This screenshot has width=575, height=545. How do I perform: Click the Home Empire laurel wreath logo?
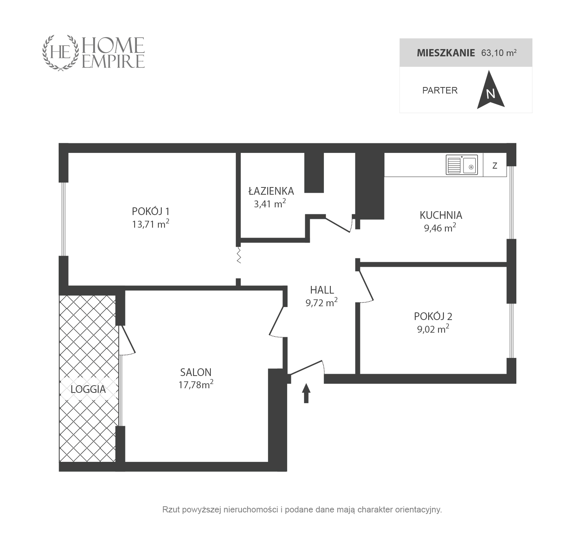click(61, 53)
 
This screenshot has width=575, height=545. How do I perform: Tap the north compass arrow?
click(491, 90)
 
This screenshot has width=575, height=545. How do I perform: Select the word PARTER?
click(440, 90)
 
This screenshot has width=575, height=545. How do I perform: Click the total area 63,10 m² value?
click(499, 53)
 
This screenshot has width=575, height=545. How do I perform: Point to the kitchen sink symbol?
click(462, 165)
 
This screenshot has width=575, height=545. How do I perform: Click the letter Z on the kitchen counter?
click(495, 166)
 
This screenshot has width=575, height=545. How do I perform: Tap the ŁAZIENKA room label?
click(271, 191)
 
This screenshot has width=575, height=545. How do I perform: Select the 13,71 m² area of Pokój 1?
click(150, 224)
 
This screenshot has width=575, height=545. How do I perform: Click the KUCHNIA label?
click(441, 215)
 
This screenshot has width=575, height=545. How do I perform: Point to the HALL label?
click(322, 290)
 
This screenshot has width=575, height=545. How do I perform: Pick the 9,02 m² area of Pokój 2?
click(433, 329)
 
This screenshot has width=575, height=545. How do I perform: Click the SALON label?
click(195, 373)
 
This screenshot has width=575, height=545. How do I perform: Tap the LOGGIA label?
click(88, 389)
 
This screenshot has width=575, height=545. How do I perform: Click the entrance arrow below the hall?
click(306, 393)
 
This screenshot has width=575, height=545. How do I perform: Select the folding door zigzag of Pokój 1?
click(239, 255)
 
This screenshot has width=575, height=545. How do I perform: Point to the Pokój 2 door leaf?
click(366, 285)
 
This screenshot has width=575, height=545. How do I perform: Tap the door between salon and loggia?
click(128, 339)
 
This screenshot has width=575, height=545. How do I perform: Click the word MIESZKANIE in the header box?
click(446, 53)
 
